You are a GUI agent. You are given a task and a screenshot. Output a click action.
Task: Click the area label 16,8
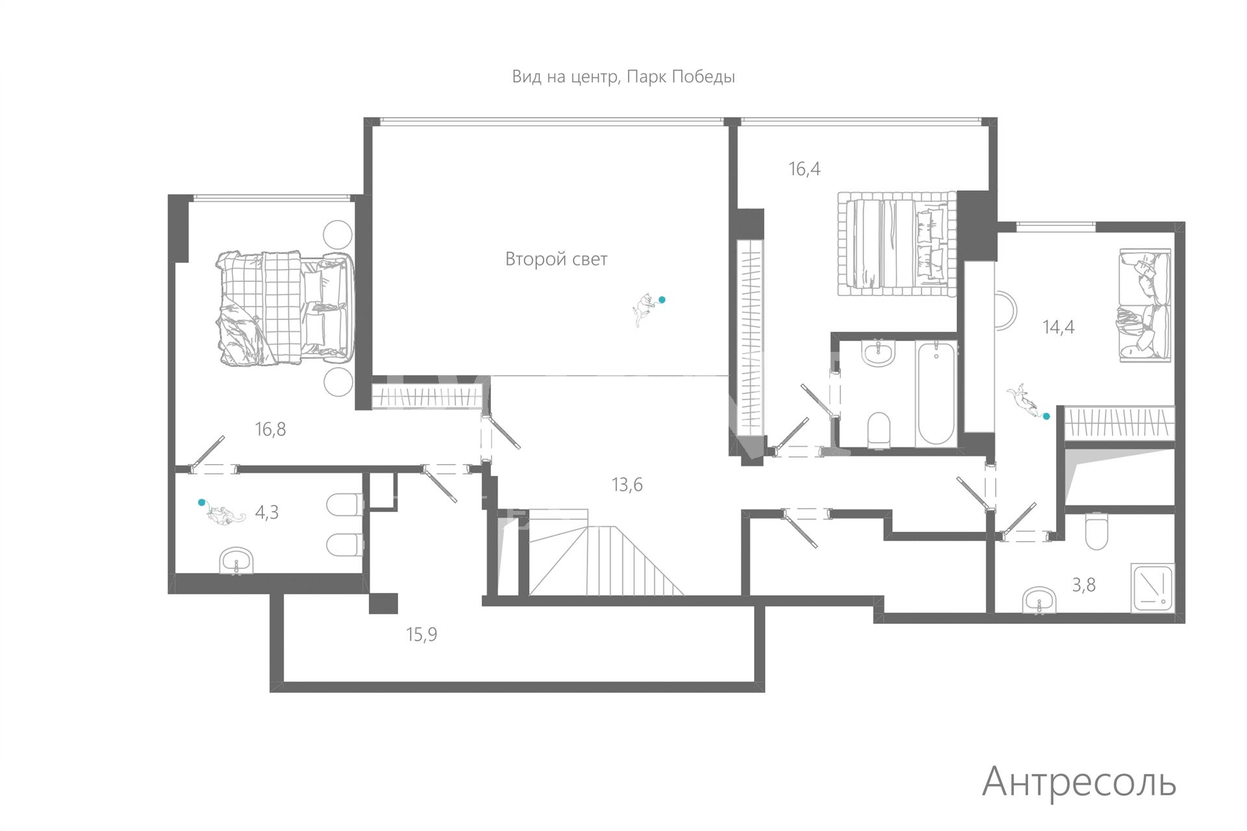(270, 429)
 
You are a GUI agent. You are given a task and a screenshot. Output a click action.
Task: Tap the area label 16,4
(804, 169)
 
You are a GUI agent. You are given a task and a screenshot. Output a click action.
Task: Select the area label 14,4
(1058, 327)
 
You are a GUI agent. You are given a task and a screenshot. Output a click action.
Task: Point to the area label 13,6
(627, 484)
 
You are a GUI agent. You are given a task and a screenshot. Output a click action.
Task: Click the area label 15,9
(421, 634)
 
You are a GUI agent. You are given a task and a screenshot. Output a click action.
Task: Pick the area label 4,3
(266, 512)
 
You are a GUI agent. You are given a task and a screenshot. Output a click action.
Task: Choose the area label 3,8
(1083, 585)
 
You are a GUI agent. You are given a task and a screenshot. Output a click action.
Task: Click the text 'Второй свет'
(556, 259)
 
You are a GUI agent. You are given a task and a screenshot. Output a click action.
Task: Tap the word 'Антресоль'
(1079, 782)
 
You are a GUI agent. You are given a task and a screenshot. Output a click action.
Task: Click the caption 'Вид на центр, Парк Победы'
(623, 77)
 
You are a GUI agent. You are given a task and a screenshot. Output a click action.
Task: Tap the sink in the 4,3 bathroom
(236, 561)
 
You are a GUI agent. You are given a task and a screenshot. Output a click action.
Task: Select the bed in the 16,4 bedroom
(897, 243)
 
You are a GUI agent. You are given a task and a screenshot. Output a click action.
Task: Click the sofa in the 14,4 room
(1144, 304)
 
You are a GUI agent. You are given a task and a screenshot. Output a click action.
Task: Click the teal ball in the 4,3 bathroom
(201, 502)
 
